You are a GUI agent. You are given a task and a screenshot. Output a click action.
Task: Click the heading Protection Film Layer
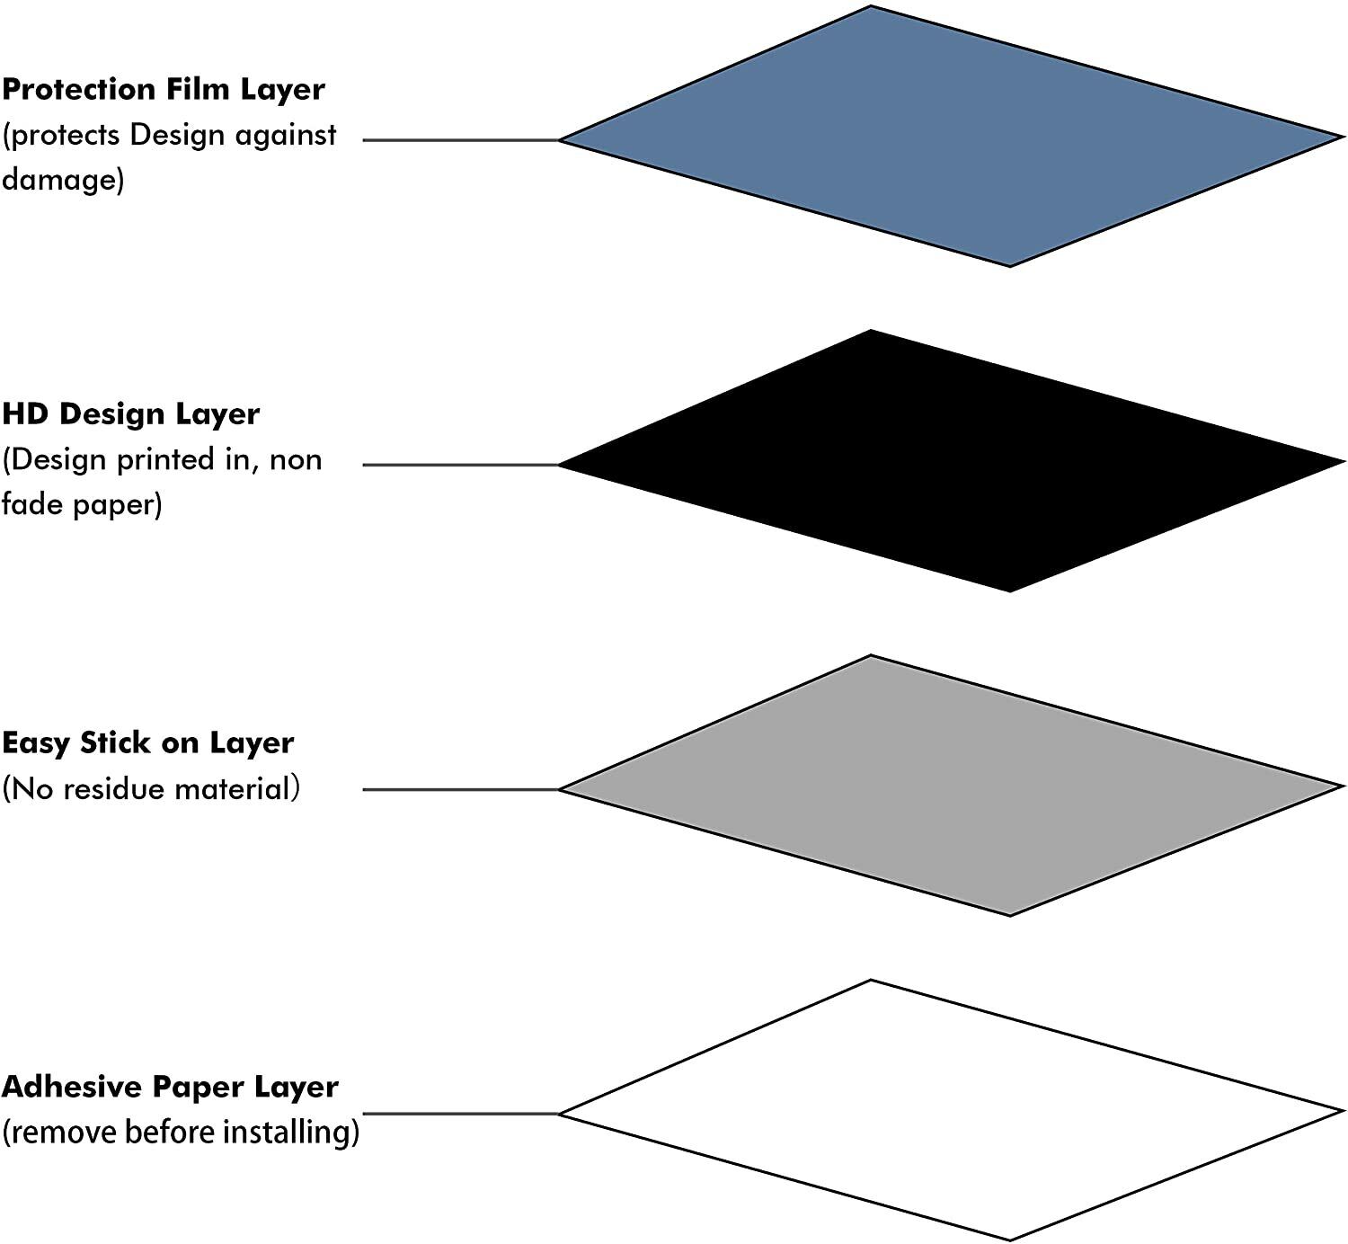point(164,90)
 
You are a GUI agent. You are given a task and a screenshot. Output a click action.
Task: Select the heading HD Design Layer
point(131,414)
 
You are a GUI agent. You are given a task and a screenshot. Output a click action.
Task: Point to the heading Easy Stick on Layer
point(148,743)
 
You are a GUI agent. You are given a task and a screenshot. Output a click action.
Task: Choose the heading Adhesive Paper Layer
point(170,1087)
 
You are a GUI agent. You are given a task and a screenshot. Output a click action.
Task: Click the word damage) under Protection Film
point(63,180)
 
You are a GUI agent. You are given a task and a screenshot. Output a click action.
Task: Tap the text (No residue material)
point(151,789)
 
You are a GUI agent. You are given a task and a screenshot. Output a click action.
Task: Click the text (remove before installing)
point(181,1132)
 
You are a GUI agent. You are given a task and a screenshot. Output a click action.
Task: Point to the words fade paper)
point(82,504)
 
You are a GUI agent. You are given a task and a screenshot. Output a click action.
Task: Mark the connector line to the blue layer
point(460,140)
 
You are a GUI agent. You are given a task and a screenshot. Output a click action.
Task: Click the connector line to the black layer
point(460,465)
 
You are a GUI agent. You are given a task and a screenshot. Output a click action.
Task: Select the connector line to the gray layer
point(460,789)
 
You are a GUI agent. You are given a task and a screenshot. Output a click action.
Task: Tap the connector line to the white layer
point(460,1114)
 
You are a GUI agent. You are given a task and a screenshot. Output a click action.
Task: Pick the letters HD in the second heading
point(27,414)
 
